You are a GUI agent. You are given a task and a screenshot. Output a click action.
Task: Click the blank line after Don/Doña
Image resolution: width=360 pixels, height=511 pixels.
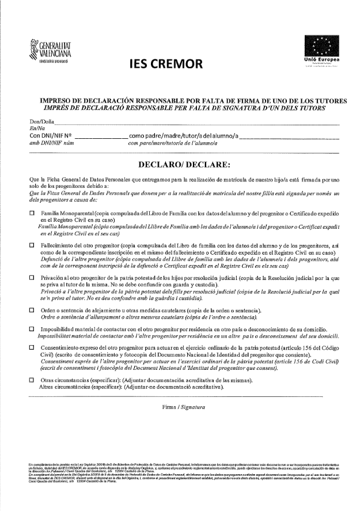[196, 124]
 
